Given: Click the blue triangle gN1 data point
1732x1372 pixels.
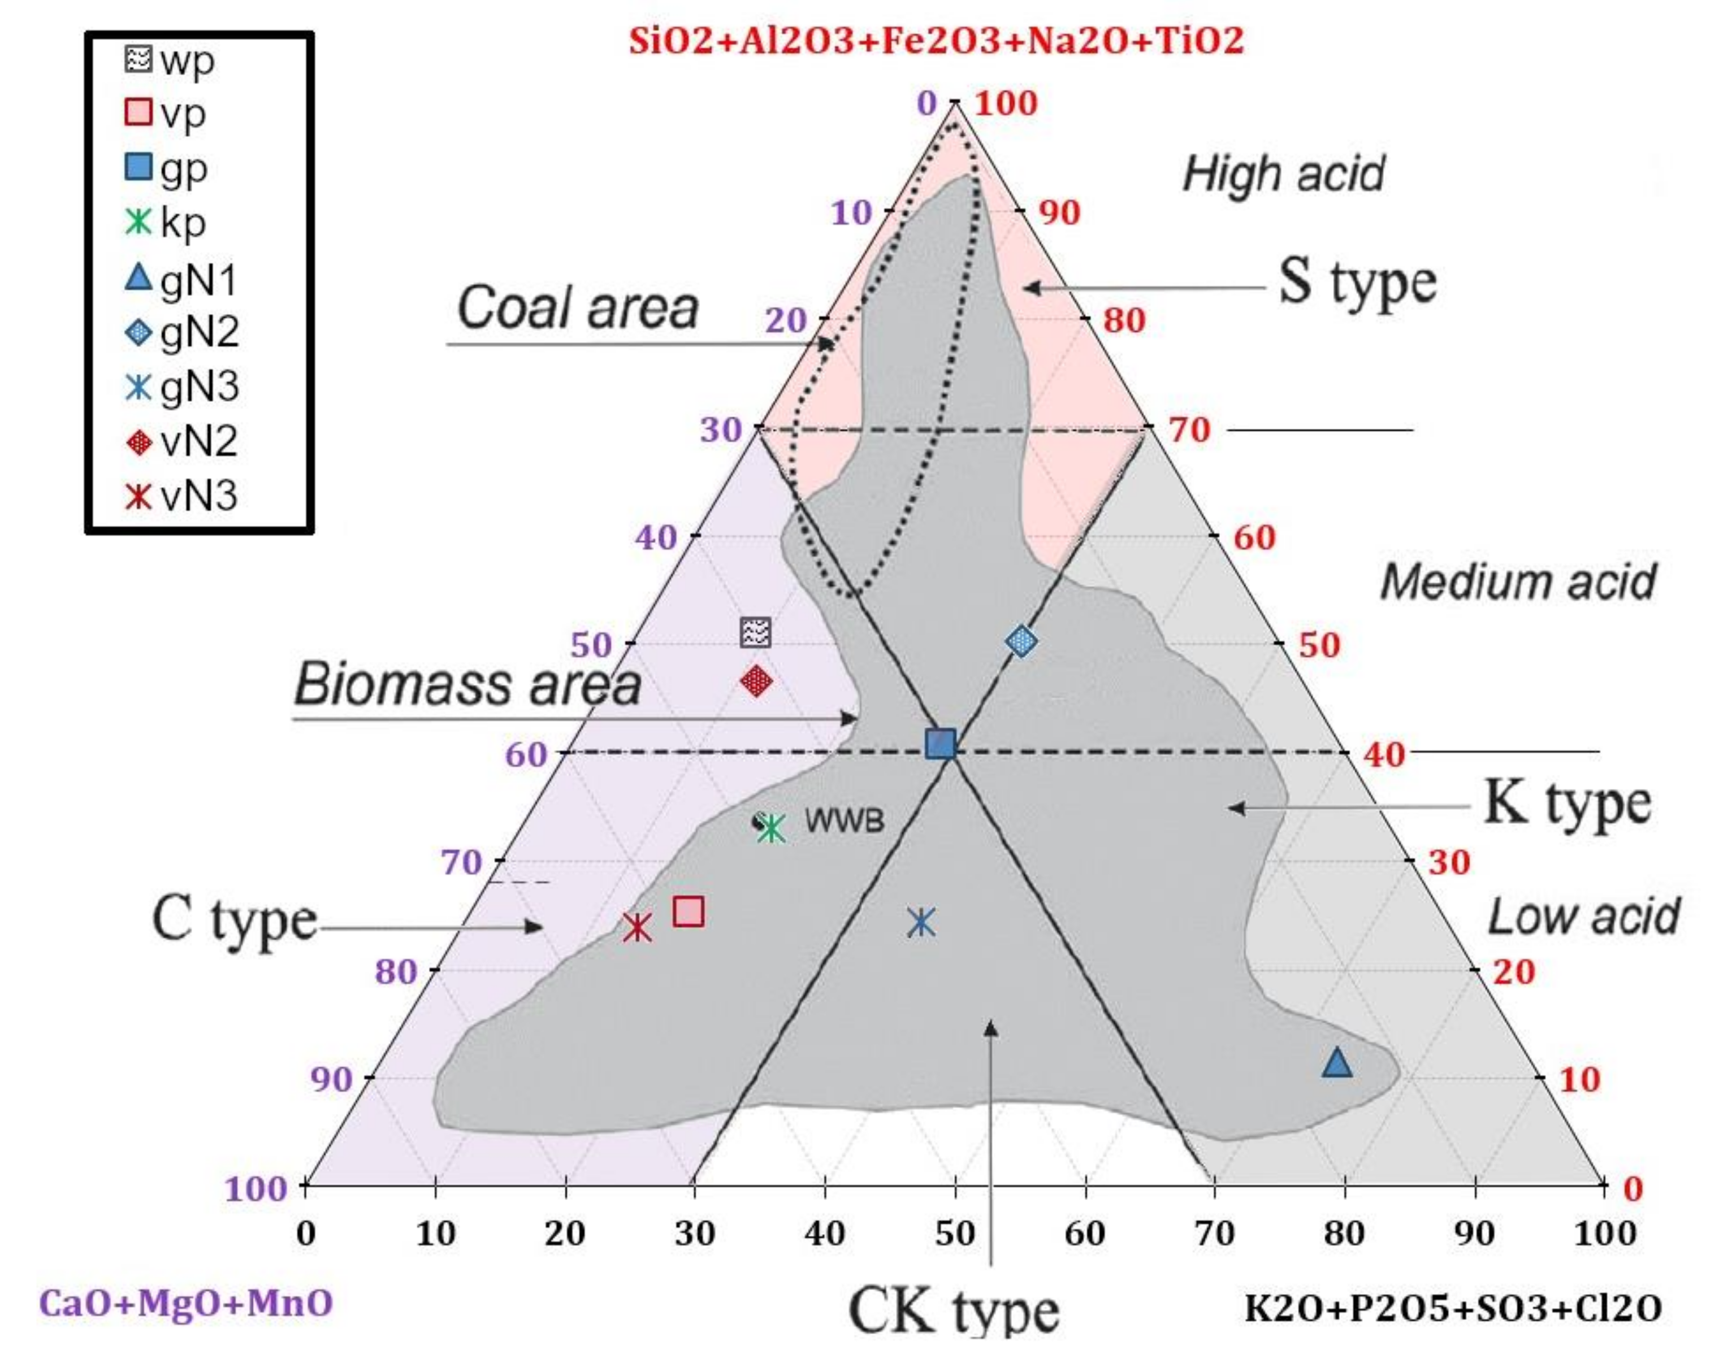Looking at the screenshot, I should (x=1337, y=1063).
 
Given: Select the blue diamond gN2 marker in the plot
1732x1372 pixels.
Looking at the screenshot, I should (x=1021, y=641).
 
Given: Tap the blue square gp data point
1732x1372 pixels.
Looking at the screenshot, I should (x=941, y=744).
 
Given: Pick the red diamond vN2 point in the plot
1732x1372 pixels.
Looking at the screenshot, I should (x=756, y=681).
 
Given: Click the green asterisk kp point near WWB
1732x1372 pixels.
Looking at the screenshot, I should (x=771, y=828).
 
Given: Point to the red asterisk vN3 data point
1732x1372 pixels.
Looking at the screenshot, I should (x=637, y=928).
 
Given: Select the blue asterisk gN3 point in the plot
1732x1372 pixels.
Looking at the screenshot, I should (x=921, y=922).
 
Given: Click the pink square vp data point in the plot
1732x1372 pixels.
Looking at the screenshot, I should (x=689, y=911).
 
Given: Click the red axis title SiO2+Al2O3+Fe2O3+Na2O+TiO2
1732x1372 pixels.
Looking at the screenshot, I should (x=936, y=40).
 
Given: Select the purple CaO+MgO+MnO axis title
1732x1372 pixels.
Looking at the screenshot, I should (x=185, y=1303).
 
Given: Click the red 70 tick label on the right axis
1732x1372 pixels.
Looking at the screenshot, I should (x=1189, y=430).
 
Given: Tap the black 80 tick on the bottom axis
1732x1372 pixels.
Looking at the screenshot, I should (x=1344, y=1233).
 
